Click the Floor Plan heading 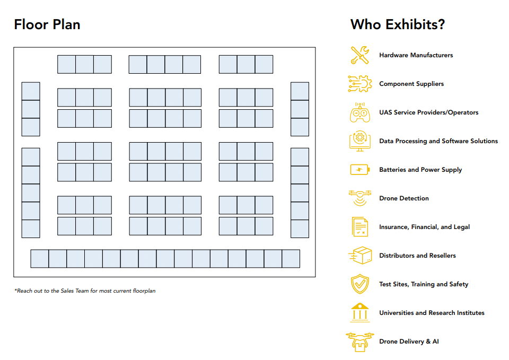click(47, 25)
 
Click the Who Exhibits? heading click(398, 25)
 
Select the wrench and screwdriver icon click(359, 55)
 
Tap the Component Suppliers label click(411, 84)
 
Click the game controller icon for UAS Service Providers click(359, 112)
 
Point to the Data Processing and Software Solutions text click(438, 141)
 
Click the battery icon click(359, 170)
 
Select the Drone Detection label click(404, 198)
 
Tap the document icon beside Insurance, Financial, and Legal click(359, 227)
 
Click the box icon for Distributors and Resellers click(360, 256)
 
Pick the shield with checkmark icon click(359, 284)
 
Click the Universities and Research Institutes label click(432, 313)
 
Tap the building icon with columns click(359, 313)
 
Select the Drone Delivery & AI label click(409, 341)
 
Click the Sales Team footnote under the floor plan click(85, 291)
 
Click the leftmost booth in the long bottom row click(40, 259)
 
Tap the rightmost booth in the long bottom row click(291, 259)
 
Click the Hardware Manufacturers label click(416, 55)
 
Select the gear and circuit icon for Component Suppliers click(359, 84)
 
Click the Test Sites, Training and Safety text click(424, 284)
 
